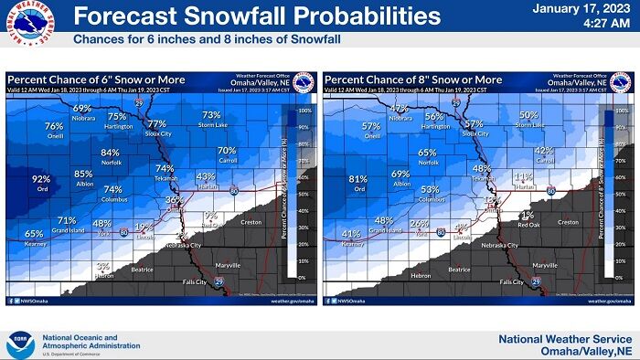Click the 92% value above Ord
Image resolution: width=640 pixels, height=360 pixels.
click(41, 179)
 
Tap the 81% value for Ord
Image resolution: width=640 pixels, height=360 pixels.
click(358, 179)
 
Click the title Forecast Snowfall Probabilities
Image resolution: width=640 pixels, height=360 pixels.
click(250, 16)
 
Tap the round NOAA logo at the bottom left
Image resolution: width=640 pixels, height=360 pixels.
click(19, 344)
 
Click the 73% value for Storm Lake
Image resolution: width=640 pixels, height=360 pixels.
click(211, 114)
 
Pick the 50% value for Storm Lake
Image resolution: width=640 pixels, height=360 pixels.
click(528, 114)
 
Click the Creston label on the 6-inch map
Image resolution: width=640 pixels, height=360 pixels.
click(251, 222)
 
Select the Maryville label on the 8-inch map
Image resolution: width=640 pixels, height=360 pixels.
click(545, 265)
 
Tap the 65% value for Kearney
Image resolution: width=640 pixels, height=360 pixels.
click(34, 233)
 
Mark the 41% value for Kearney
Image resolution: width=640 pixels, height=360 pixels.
click(351, 233)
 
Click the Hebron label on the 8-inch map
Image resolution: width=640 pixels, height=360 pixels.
click(420, 275)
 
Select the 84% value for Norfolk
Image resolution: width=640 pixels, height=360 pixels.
click(110, 153)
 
